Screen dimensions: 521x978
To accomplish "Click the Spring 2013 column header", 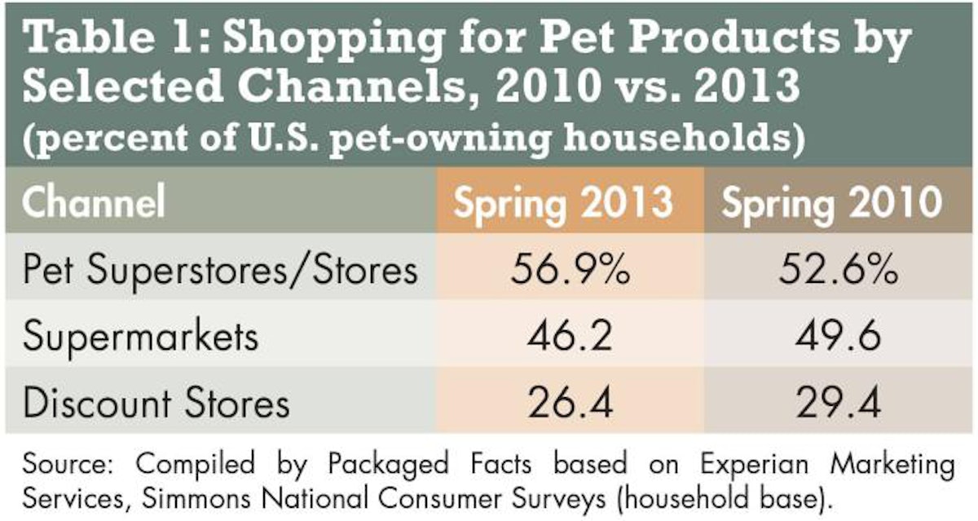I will (563, 202).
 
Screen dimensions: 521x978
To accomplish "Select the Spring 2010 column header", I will (832, 202).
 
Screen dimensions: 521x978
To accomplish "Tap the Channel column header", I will (94, 202).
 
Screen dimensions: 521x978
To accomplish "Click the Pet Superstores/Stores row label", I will (220, 272).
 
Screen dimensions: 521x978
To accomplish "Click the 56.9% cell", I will (563, 272).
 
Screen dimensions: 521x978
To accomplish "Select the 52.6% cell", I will (832, 272).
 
